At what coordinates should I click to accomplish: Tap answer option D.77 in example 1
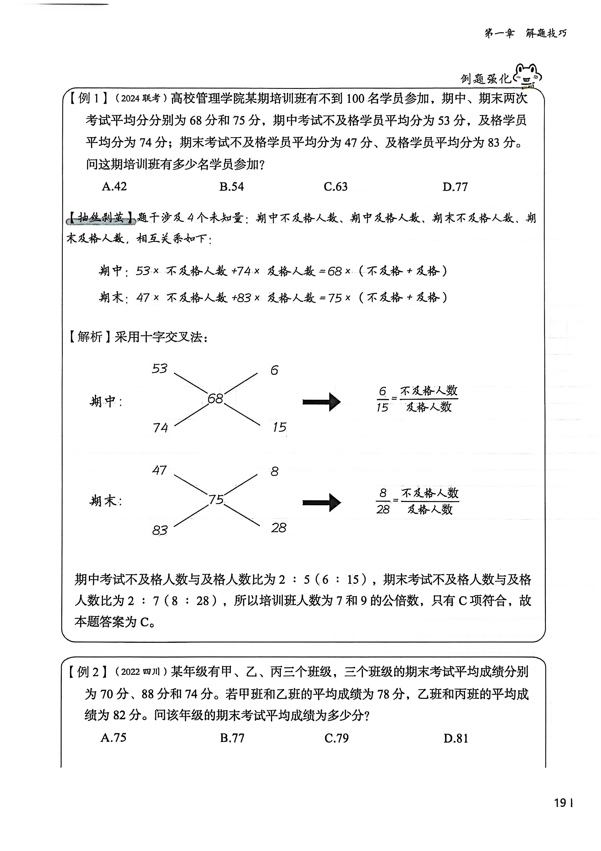(455, 187)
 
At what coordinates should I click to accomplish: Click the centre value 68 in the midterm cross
(215, 399)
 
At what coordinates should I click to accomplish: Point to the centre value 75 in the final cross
(216, 500)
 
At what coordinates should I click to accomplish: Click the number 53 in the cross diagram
(159, 368)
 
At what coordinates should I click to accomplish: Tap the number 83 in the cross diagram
(159, 530)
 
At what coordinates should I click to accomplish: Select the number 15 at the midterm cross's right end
(279, 427)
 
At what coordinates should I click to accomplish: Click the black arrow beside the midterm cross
(321, 402)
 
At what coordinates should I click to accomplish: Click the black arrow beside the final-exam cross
(321, 502)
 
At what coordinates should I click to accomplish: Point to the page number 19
(560, 803)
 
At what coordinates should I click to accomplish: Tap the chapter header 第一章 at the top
(499, 33)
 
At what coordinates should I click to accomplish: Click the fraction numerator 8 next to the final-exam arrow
(383, 493)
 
